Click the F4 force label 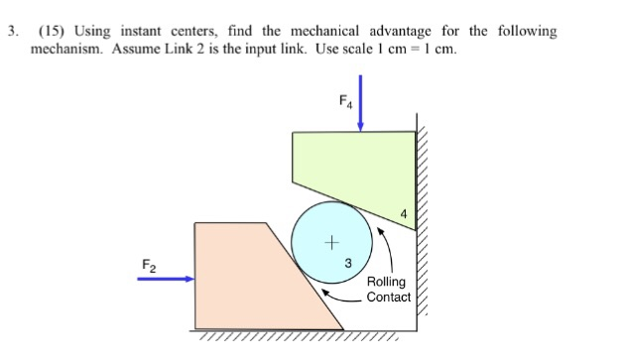344,101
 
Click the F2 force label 147,264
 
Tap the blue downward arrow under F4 361,110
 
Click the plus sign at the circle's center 332,241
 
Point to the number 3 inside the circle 347,263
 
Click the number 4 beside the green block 403,214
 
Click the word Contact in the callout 388,297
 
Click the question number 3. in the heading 13,31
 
